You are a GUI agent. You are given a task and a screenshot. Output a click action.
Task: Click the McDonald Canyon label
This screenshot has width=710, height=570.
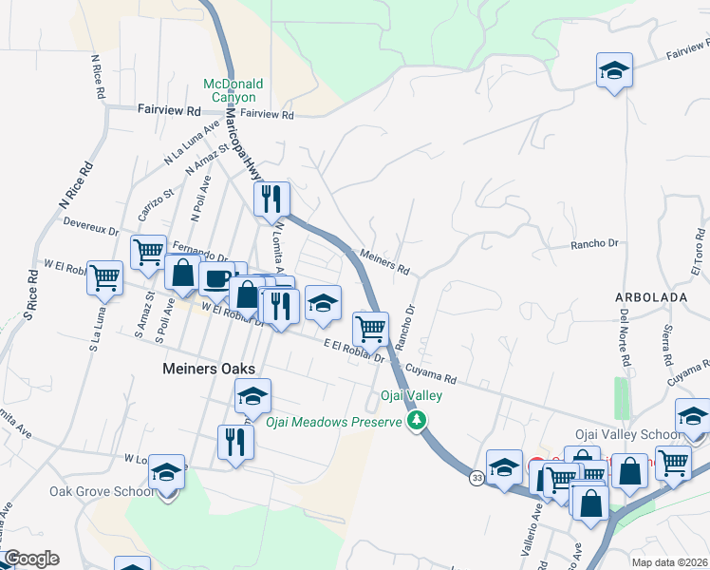coord(230,90)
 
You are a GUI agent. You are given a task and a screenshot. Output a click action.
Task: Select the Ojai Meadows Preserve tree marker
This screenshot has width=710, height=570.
coord(415,421)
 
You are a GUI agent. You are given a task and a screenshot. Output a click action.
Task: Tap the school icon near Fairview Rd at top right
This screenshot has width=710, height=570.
coord(614,71)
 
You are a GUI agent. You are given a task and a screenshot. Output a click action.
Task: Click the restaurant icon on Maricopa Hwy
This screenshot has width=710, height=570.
coord(271,199)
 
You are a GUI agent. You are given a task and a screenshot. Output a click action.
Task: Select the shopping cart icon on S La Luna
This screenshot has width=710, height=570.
coord(104,277)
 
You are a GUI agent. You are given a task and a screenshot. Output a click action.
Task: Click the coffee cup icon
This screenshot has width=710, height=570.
coord(216,279)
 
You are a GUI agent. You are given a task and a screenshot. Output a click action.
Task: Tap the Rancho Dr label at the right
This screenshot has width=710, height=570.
coord(593,244)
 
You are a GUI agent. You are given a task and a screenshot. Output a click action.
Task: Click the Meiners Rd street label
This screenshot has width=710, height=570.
coord(384,261)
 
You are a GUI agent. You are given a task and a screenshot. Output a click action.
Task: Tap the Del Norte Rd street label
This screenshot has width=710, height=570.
coord(626,337)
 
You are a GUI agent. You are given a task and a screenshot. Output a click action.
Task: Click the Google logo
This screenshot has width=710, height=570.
coord(30,559)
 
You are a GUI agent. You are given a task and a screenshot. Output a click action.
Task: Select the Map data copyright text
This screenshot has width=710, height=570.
coord(670,561)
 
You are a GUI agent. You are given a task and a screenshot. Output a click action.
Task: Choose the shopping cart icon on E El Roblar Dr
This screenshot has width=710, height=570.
coord(370,328)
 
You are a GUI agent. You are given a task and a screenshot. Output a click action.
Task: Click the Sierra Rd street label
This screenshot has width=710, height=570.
coord(665,347)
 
